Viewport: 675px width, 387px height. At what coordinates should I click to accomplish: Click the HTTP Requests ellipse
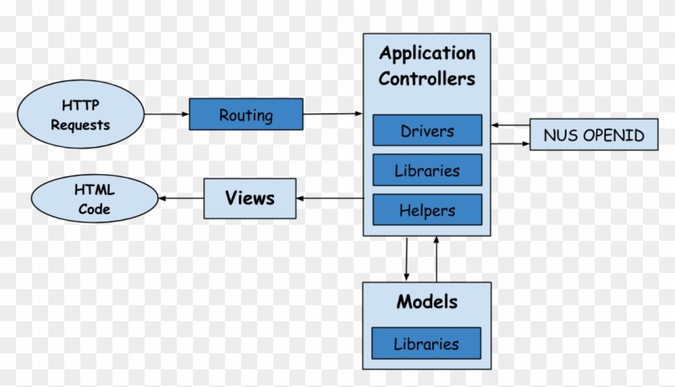click(80, 115)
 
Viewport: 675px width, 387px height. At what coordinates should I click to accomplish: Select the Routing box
click(246, 115)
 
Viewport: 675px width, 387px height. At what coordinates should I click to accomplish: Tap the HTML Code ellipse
click(94, 201)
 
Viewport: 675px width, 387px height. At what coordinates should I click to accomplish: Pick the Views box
click(249, 198)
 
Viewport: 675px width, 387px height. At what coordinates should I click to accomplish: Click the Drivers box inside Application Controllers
click(427, 131)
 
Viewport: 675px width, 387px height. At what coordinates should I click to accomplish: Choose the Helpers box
click(427, 210)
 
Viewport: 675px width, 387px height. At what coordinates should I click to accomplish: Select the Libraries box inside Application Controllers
click(427, 170)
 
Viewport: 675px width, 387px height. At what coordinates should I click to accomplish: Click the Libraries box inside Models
click(426, 344)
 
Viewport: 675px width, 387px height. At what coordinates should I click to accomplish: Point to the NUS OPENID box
click(594, 135)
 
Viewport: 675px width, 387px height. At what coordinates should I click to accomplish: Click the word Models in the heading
click(427, 303)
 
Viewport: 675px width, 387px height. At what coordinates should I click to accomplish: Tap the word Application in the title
click(427, 54)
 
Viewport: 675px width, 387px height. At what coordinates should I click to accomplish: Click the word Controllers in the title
click(427, 79)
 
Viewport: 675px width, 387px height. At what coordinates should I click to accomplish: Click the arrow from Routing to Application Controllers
click(333, 114)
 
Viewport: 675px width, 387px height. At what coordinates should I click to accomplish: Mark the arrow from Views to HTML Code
click(181, 198)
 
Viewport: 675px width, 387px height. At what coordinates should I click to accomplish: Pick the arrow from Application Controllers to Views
click(330, 198)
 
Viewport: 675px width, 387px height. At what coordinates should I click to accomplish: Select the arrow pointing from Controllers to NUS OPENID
click(510, 144)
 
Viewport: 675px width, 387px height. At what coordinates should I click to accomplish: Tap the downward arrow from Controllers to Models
click(407, 259)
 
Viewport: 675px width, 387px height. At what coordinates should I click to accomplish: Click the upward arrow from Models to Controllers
click(436, 259)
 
